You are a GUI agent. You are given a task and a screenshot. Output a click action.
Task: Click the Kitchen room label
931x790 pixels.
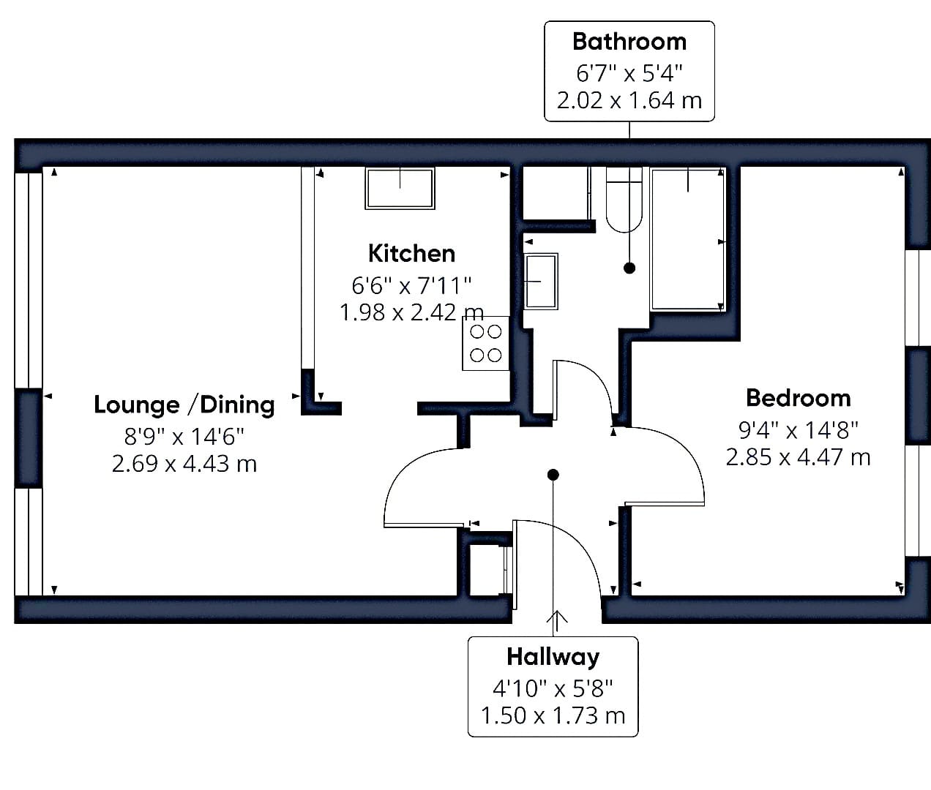411,253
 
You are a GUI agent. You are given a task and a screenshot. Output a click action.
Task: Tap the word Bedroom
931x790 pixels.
798,399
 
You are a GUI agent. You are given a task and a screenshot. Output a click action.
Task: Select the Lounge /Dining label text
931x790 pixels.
184,405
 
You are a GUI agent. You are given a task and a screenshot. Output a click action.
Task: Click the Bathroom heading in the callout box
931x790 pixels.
629,42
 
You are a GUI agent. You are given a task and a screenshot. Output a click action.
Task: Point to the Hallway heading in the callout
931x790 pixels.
553,657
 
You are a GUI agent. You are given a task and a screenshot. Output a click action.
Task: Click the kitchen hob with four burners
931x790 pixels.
485,343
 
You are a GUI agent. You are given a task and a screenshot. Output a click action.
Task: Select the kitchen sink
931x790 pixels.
400,188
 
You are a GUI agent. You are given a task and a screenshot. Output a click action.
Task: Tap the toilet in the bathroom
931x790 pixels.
624,200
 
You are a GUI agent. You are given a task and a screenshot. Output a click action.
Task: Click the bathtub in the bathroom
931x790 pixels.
687,239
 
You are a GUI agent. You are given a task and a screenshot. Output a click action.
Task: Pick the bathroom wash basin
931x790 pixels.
540,282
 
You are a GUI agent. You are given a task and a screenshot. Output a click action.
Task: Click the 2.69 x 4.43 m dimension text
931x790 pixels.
184,464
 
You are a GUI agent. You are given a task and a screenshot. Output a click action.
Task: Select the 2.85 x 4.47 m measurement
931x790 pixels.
798,457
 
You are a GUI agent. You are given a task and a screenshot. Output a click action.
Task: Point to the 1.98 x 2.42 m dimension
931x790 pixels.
411,312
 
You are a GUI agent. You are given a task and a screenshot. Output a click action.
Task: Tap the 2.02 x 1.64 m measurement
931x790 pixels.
629,100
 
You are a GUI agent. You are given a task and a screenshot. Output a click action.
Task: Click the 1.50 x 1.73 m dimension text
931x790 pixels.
553,715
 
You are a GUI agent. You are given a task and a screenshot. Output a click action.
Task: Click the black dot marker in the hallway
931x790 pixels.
553,475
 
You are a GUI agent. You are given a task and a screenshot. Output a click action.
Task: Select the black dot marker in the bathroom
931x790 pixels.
629,268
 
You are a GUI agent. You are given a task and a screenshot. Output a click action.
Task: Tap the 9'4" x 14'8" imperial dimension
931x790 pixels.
798,430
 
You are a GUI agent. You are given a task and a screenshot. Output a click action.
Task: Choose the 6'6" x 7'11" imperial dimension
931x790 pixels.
411,286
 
